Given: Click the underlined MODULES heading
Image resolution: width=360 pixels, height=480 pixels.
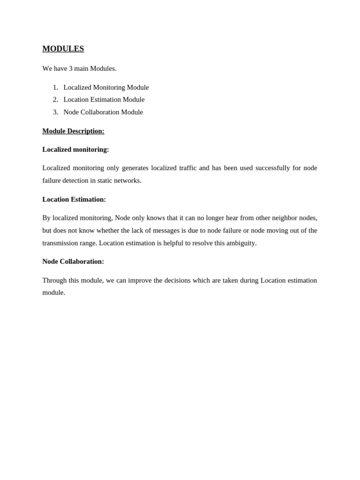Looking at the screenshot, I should click(63, 49).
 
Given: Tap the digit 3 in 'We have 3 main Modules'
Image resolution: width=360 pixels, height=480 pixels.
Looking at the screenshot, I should click(71, 68).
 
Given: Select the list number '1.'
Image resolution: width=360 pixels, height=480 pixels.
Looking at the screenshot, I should click(55, 87).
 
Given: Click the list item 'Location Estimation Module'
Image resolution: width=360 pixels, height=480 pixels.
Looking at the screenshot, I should click(104, 99).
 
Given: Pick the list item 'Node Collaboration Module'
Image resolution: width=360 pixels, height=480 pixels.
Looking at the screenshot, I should click(103, 112).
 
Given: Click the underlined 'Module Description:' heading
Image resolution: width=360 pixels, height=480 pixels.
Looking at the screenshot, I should click(73, 131).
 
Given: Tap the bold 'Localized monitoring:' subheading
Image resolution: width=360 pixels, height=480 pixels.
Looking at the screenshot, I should click(75, 150).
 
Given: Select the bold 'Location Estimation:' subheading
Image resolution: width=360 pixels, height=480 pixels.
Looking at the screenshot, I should click(74, 199).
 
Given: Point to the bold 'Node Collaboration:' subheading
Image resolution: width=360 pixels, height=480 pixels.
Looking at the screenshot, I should click(73, 262).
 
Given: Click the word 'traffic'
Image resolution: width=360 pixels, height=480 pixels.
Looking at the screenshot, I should click(188, 168).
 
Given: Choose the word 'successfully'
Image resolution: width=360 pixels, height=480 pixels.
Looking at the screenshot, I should click(272, 168).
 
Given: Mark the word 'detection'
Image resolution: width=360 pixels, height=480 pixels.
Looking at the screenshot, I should click(75, 180).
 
